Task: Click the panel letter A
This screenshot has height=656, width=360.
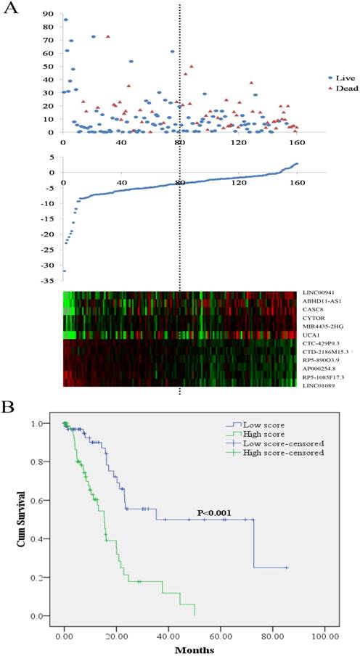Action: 11,7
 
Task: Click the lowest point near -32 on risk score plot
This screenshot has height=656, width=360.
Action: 64,271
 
